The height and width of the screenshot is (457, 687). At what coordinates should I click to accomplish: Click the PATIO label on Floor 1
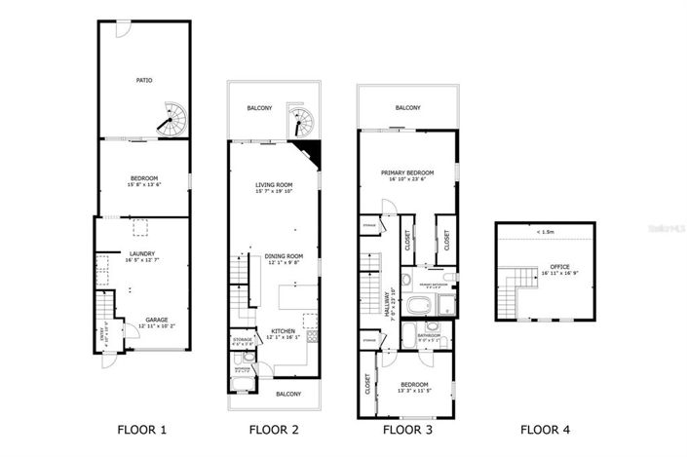pyautogui.click(x=143, y=80)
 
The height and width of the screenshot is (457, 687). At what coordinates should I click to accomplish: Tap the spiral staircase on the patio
pyautogui.click(x=172, y=121)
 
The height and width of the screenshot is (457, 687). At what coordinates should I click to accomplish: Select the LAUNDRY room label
pyautogui.click(x=142, y=254)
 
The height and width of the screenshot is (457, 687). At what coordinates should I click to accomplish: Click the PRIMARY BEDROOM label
pyautogui.click(x=406, y=171)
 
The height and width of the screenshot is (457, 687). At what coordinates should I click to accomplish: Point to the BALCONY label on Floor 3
pyautogui.click(x=407, y=108)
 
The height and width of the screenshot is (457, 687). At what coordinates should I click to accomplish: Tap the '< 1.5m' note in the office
pyautogui.click(x=545, y=232)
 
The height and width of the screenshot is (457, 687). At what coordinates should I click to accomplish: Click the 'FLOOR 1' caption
pyautogui.click(x=142, y=429)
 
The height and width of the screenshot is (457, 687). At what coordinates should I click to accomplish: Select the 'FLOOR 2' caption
pyautogui.click(x=274, y=429)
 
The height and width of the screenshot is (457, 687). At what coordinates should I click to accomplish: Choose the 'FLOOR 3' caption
pyautogui.click(x=406, y=429)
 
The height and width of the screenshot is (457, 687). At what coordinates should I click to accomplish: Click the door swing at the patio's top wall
pyautogui.click(x=119, y=30)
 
